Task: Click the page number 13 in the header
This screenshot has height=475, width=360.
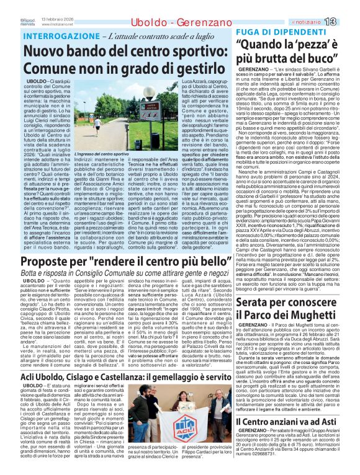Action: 347,6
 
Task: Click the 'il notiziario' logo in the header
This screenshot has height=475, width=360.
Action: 316,6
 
